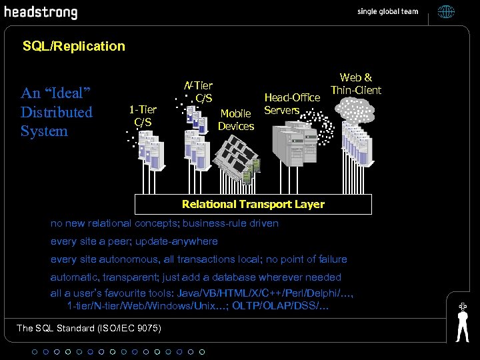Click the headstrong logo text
click(x=41, y=13)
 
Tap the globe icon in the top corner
click(x=446, y=12)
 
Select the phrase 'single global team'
click(x=387, y=12)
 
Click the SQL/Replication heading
click(x=73, y=46)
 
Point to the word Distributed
click(x=57, y=112)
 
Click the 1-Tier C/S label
click(x=143, y=115)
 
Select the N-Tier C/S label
click(x=199, y=91)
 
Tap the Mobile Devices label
click(x=236, y=119)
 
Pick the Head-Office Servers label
click(x=292, y=104)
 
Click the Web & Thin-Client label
click(x=356, y=83)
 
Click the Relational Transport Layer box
click(x=253, y=204)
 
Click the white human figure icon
click(x=462, y=322)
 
